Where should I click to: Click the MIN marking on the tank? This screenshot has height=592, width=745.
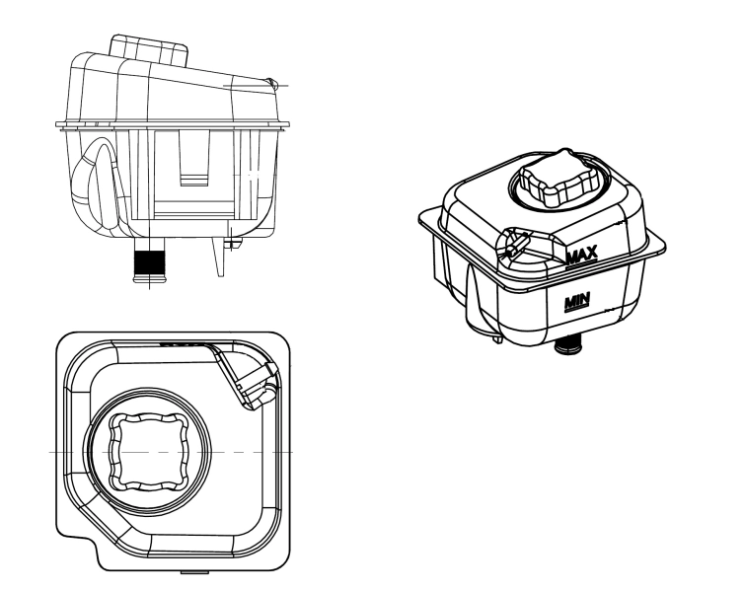[574, 301]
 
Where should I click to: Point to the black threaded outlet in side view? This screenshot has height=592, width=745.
[150, 264]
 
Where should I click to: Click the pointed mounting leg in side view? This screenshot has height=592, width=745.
[216, 259]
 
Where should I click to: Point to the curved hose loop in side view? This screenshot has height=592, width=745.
[88, 183]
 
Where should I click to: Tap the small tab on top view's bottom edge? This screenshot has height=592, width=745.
[194, 572]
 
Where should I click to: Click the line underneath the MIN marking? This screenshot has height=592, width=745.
[574, 310]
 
